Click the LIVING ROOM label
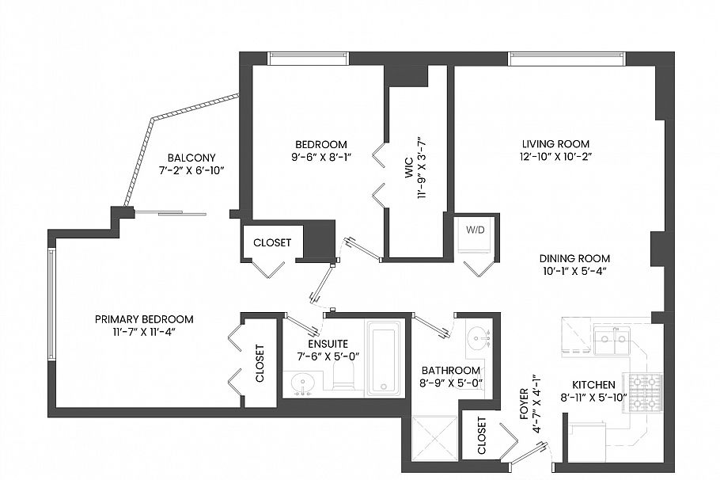coord(555,143)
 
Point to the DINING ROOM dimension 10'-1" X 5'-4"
coord(574,271)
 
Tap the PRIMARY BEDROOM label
coord(144,319)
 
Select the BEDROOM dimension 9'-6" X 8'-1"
coord(320,157)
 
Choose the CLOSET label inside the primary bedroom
coord(260,364)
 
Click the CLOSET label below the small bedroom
coord(271,242)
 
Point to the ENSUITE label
coord(321,345)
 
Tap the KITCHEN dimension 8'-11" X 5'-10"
coord(593,398)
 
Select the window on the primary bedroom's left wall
coord(52,305)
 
